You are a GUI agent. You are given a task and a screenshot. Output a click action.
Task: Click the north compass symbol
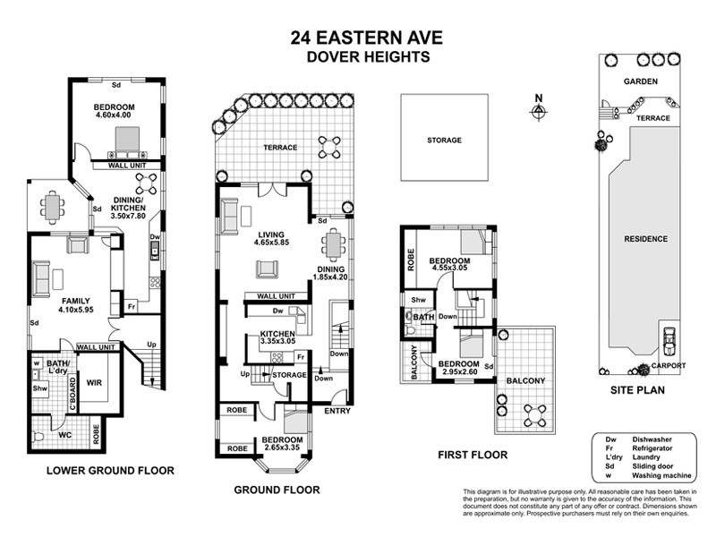tap(538, 111)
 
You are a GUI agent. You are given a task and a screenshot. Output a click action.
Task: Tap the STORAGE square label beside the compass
tap(444, 141)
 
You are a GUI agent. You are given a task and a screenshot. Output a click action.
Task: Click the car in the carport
tap(669, 339)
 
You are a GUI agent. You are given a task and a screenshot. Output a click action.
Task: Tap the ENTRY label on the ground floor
tap(337, 412)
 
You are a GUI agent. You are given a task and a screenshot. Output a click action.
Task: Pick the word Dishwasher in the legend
tap(652, 439)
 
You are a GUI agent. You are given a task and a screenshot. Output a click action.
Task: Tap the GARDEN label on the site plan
tap(641, 81)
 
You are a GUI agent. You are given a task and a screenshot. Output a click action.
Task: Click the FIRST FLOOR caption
tap(473, 455)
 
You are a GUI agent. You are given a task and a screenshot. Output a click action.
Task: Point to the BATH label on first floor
tap(423, 316)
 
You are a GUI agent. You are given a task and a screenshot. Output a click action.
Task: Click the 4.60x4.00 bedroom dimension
tap(113, 115)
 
